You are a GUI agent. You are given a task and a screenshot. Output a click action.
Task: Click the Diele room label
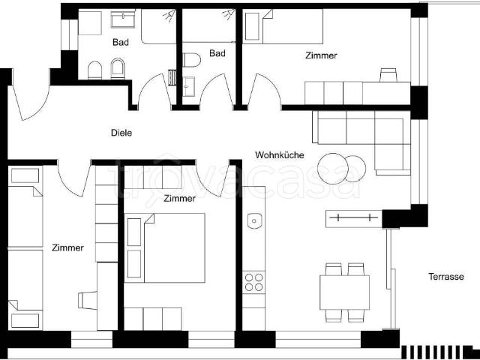click(x=121, y=133)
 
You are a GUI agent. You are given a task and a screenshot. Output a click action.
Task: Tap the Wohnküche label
click(x=280, y=155)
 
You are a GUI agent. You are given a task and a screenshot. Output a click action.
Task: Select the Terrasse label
click(x=446, y=277)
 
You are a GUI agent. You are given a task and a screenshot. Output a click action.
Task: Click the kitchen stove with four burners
click(x=253, y=282)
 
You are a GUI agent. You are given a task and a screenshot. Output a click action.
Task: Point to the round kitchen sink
click(x=254, y=221)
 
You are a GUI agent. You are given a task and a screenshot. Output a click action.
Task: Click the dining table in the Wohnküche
click(x=344, y=292)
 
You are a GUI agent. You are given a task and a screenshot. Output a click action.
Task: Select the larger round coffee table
click(x=333, y=169)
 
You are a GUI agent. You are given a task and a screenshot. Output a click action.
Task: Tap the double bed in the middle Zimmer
click(x=165, y=247)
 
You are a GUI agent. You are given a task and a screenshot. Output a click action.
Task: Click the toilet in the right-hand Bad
click(x=192, y=60)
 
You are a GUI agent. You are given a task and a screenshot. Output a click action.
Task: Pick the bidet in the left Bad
click(x=118, y=68)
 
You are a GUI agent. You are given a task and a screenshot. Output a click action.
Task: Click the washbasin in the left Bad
click(x=123, y=20)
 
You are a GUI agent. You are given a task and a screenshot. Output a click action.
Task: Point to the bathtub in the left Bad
click(x=158, y=27)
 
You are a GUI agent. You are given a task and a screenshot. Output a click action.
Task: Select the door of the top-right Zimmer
click(x=264, y=90)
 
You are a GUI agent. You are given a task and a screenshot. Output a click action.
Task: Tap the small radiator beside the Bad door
click(x=172, y=78)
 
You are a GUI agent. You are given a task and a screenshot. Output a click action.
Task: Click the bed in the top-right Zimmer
click(x=283, y=27)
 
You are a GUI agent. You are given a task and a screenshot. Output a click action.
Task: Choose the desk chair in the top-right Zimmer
click(x=388, y=75)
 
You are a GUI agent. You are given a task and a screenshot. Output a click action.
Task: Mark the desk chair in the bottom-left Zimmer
click(x=88, y=300)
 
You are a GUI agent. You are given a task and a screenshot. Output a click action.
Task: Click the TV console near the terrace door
click(x=354, y=218)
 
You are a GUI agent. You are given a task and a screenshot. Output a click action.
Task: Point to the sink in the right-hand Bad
click(x=188, y=87)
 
